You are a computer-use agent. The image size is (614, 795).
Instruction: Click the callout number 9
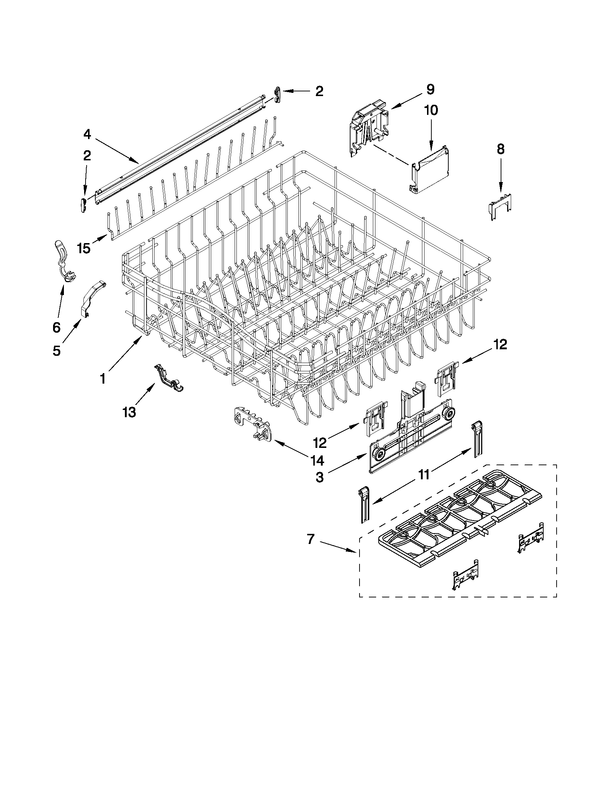pyautogui.click(x=430, y=90)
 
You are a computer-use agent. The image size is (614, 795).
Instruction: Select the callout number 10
pyautogui.click(x=431, y=110)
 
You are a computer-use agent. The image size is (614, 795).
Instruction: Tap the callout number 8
pyautogui.click(x=501, y=149)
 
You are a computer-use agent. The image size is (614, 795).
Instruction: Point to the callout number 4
pyautogui.click(x=87, y=134)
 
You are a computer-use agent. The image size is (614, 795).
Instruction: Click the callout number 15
pyautogui.click(x=84, y=249)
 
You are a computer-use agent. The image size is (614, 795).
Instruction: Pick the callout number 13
pyautogui.click(x=129, y=412)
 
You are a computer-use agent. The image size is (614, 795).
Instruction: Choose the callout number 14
pyautogui.click(x=317, y=461)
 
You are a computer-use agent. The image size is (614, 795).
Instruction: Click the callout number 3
pyautogui.click(x=319, y=477)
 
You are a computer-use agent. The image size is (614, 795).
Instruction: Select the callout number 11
pyautogui.click(x=424, y=475)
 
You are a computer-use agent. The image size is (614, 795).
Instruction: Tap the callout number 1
pyautogui.click(x=103, y=379)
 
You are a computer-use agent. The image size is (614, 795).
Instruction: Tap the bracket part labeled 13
pyautogui.click(x=169, y=379)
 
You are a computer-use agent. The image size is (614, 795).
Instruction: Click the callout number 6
pyautogui.click(x=56, y=328)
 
